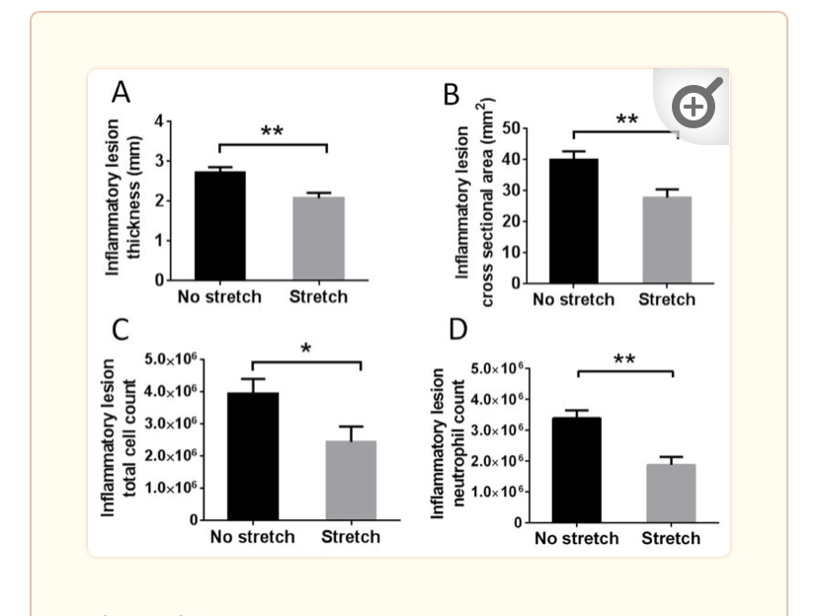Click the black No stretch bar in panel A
click(219, 226)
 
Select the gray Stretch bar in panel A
click(318, 239)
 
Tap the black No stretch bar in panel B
click(573, 221)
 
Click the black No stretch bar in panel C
click(252, 456)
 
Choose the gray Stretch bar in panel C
click(351, 480)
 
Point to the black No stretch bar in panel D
click(576, 470)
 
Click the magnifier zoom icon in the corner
click(695, 105)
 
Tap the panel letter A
click(121, 93)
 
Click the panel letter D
click(456, 330)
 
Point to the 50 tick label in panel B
click(512, 128)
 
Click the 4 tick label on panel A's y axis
click(157, 121)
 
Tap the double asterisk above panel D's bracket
click(623, 359)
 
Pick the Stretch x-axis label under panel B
click(667, 299)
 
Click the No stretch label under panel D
click(576, 538)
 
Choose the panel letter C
click(120, 330)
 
